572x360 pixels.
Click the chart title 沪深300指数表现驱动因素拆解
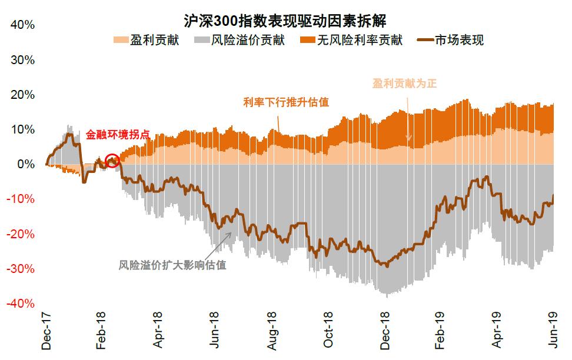(x=286, y=22)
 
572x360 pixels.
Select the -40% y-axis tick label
(x=21, y=304)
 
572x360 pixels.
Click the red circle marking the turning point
(x=112, y=160)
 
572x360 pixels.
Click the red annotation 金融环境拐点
(x=118, y=134)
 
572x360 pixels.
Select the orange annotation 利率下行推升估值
(x=286, y=102)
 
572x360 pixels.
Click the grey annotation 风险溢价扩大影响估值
(x=172, y=265)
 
